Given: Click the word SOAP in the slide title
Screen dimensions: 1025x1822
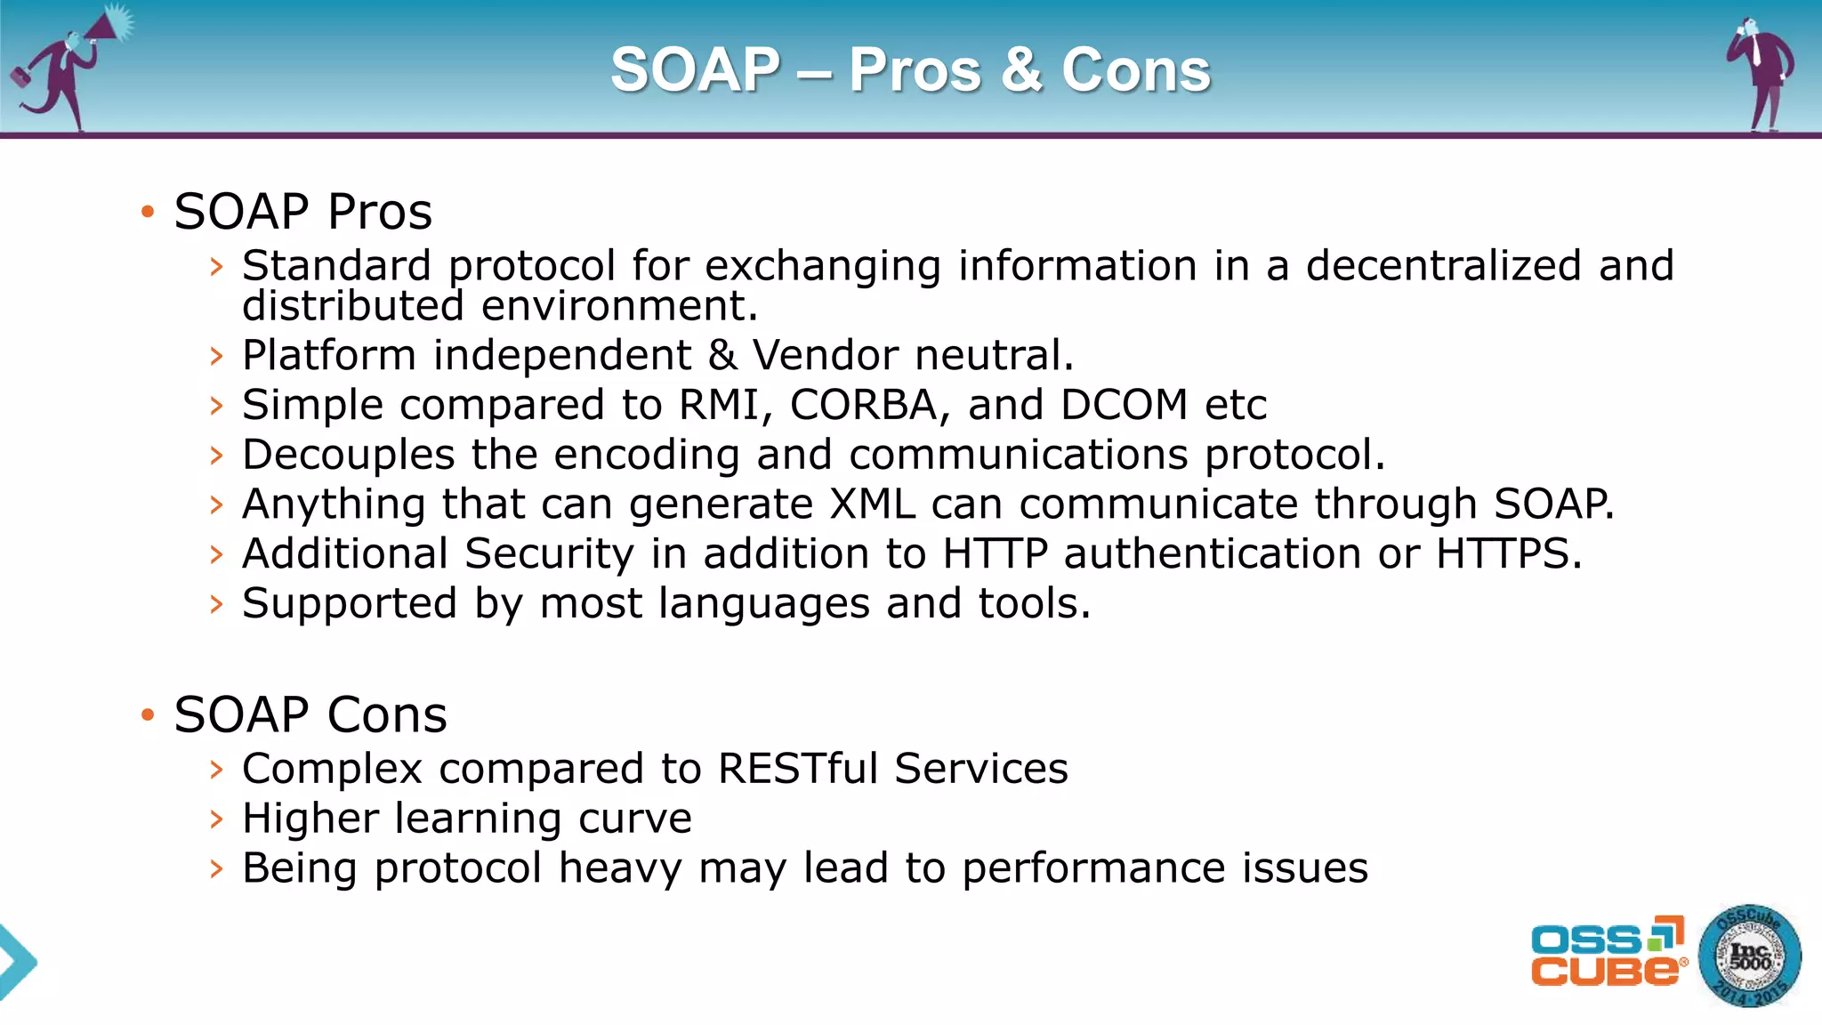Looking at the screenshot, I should (695, 70).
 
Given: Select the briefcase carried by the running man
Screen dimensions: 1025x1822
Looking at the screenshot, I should (19, 77).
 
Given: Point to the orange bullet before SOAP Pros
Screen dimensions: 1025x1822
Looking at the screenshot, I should (148, 212).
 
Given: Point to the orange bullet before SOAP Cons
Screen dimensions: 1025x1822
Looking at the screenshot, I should (148, 714).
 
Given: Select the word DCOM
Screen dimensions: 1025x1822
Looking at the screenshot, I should (1124, 406).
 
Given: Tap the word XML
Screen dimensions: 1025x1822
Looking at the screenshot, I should (872, 504).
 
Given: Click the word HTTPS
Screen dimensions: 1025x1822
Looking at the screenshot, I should (1508, 554).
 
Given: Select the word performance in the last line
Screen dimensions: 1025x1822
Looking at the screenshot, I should (1093, 868).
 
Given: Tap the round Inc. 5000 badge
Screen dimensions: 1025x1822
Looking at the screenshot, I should (1749, 956).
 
